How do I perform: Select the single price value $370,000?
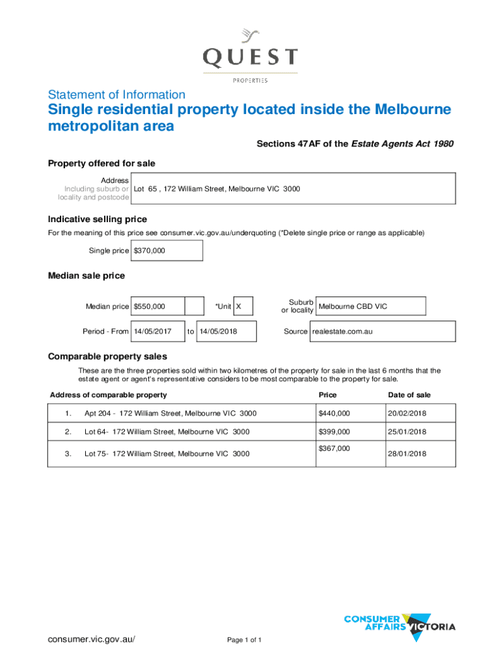(x=150, y=251)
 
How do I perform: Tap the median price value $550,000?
(x=150, y=306)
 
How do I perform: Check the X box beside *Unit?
(x=239, y=306)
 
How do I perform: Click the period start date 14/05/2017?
(x=152, y=332)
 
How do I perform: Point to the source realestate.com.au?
(x=342, y=332)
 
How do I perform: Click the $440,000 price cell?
(x=334, y=414)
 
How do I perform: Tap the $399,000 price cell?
(x=334, y=432)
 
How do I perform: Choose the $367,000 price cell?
(x=334, y=448)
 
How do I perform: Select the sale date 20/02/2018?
(x=407, y=414)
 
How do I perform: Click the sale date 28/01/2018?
(x=407, y=453)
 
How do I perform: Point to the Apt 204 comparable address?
(x=170, y=414)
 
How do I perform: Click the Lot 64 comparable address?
(x=167, y=432)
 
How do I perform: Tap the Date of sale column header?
(x=409, y=395)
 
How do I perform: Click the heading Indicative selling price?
(x=98, y=219)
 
